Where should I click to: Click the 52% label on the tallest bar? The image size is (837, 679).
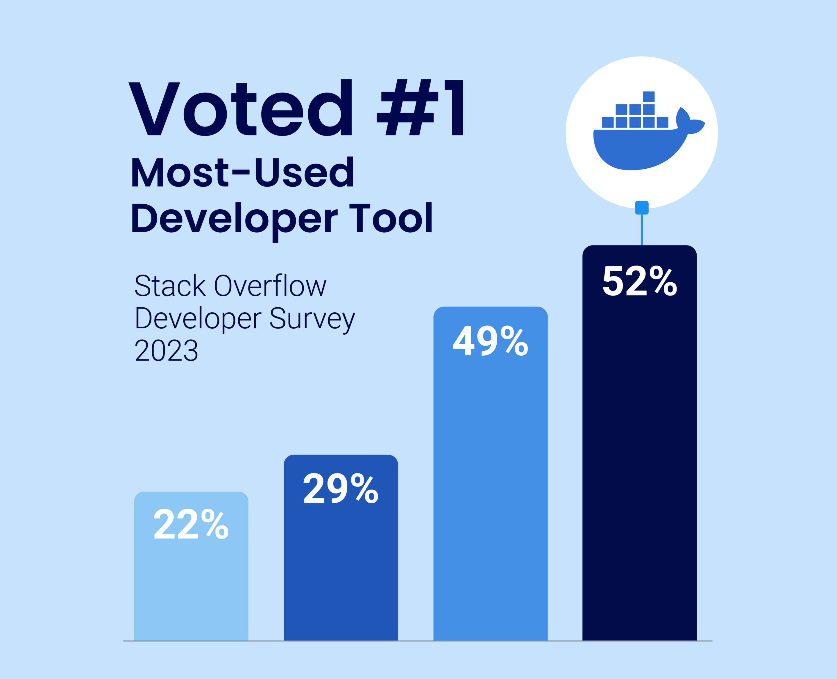click(640, 281)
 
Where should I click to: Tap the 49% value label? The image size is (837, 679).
click(490, 341)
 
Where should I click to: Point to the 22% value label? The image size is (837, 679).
click(191, 524)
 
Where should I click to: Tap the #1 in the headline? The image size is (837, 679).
click(420, 108)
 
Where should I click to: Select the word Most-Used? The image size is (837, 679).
click(242, 172)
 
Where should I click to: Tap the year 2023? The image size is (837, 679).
click(167, 350)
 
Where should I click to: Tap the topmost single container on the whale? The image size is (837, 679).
click(649, 97)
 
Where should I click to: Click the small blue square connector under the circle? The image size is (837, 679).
click(641, 208)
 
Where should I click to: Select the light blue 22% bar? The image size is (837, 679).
click(191, 587)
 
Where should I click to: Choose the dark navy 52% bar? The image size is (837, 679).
click(640, 469)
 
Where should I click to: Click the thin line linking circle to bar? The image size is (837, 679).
click(641, 230)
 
